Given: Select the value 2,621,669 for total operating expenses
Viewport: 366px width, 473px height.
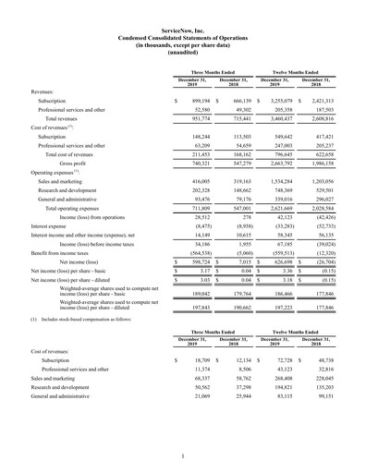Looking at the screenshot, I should (x=281, y=208).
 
